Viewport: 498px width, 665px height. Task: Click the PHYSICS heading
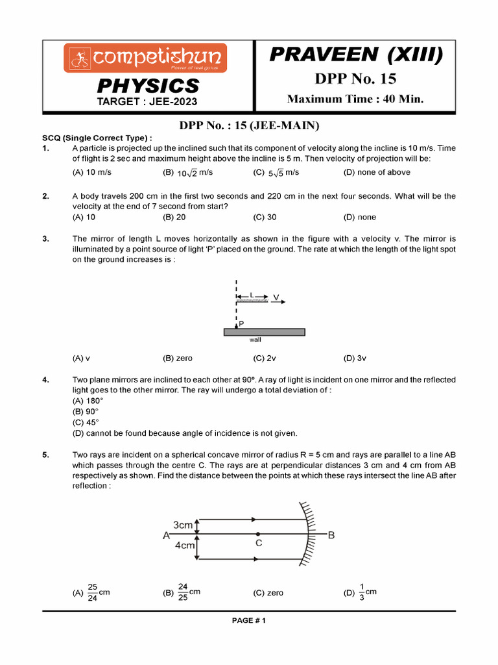click(148, 86)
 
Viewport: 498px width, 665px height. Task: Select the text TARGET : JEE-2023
click(147, 101)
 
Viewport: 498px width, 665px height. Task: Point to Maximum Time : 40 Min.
click(355, 99)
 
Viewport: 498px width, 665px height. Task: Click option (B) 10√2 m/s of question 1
click(187, 173)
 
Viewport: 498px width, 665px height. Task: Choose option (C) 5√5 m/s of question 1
click(276, 173)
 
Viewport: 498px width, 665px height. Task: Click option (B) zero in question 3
click(178, 358)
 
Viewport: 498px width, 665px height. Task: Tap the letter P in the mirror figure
click(241, 323)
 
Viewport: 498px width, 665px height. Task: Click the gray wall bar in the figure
click(264, 331)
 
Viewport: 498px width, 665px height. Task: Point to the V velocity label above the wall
click(276, 297)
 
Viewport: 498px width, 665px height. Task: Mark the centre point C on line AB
click(258, 534)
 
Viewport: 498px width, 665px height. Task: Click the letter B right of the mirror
click(331, 535)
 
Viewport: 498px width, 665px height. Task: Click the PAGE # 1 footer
click(249, 620)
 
